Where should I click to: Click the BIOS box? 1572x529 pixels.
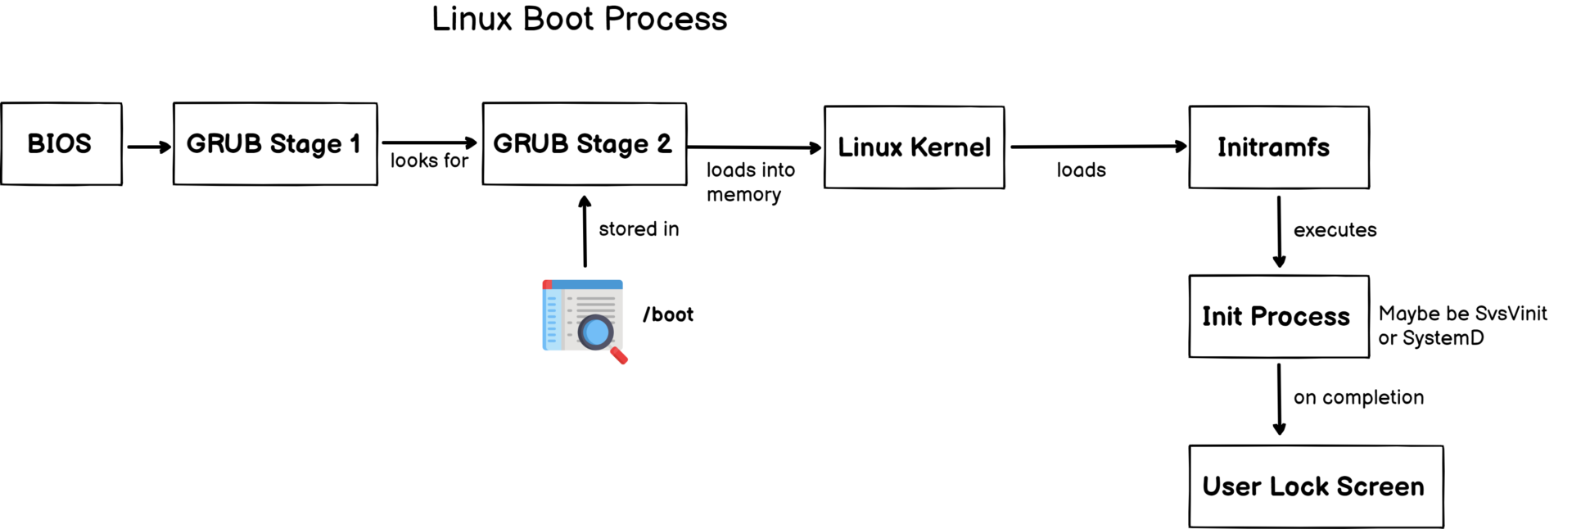tap(61, 144)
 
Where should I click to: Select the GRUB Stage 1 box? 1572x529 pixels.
tap(275, 144)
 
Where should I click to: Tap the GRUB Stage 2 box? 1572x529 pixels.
tap(584, 144)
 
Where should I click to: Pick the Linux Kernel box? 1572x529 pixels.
tap(914, 147)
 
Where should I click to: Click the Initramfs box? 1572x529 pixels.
tap(1278, 147)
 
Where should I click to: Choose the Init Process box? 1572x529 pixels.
tap(1278, 317)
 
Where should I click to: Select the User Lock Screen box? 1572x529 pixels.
tap(1315, 486)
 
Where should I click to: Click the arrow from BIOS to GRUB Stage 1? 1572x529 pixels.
tap(148, 147)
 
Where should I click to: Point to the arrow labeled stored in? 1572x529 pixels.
tap(585, 232)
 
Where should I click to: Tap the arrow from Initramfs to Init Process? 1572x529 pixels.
tap(1279, 232)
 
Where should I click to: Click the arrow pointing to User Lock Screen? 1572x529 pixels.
tap(1279, 400)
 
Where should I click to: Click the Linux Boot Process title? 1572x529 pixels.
tap(579, 19)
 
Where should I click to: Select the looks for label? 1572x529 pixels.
tap(429, 161)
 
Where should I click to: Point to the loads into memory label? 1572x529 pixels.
tap(750, 182)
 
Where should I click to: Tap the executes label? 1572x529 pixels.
tap(1335, 230)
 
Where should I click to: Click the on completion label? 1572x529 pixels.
tap(1358, 397)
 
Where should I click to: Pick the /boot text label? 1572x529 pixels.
tap(668, 314)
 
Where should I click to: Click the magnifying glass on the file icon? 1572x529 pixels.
tap(597, 332)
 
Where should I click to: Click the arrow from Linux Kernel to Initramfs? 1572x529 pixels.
tap(1097, 147)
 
